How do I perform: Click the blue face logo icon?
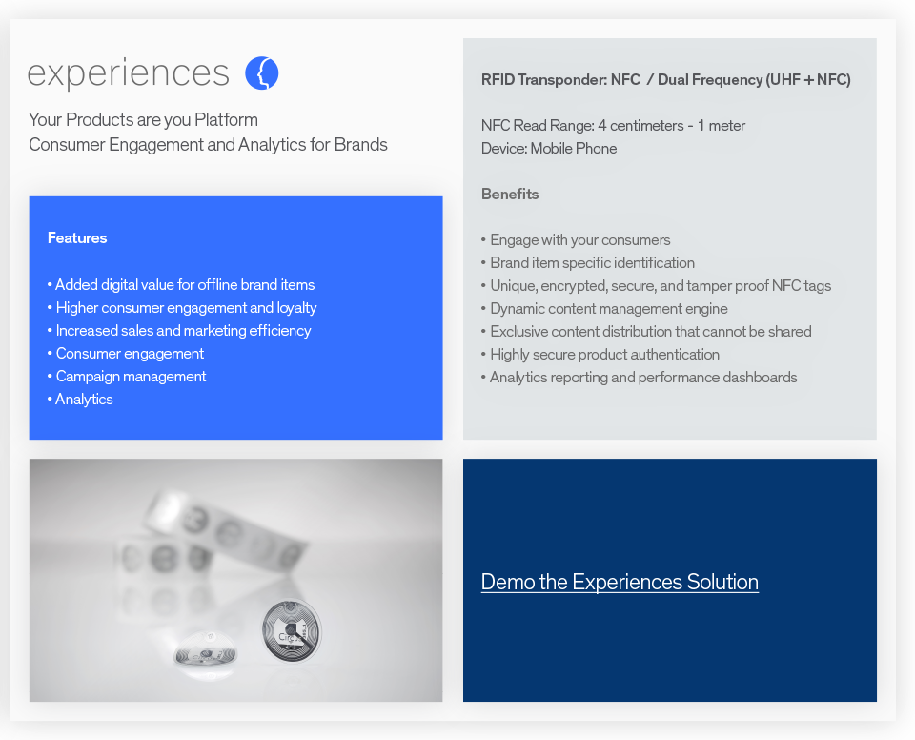261,73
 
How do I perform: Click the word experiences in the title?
129,73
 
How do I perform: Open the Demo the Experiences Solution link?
620,582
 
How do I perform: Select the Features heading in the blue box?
77,238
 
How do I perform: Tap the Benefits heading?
510,195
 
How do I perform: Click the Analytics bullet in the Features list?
84,400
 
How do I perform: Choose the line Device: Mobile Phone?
549,149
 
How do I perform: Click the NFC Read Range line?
613,126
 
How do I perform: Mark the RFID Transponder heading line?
665,80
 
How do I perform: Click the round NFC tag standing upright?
291,630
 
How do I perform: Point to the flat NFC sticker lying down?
205,654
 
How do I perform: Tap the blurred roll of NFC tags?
219,534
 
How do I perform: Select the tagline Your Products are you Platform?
143,120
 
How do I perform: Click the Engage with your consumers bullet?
579,240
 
